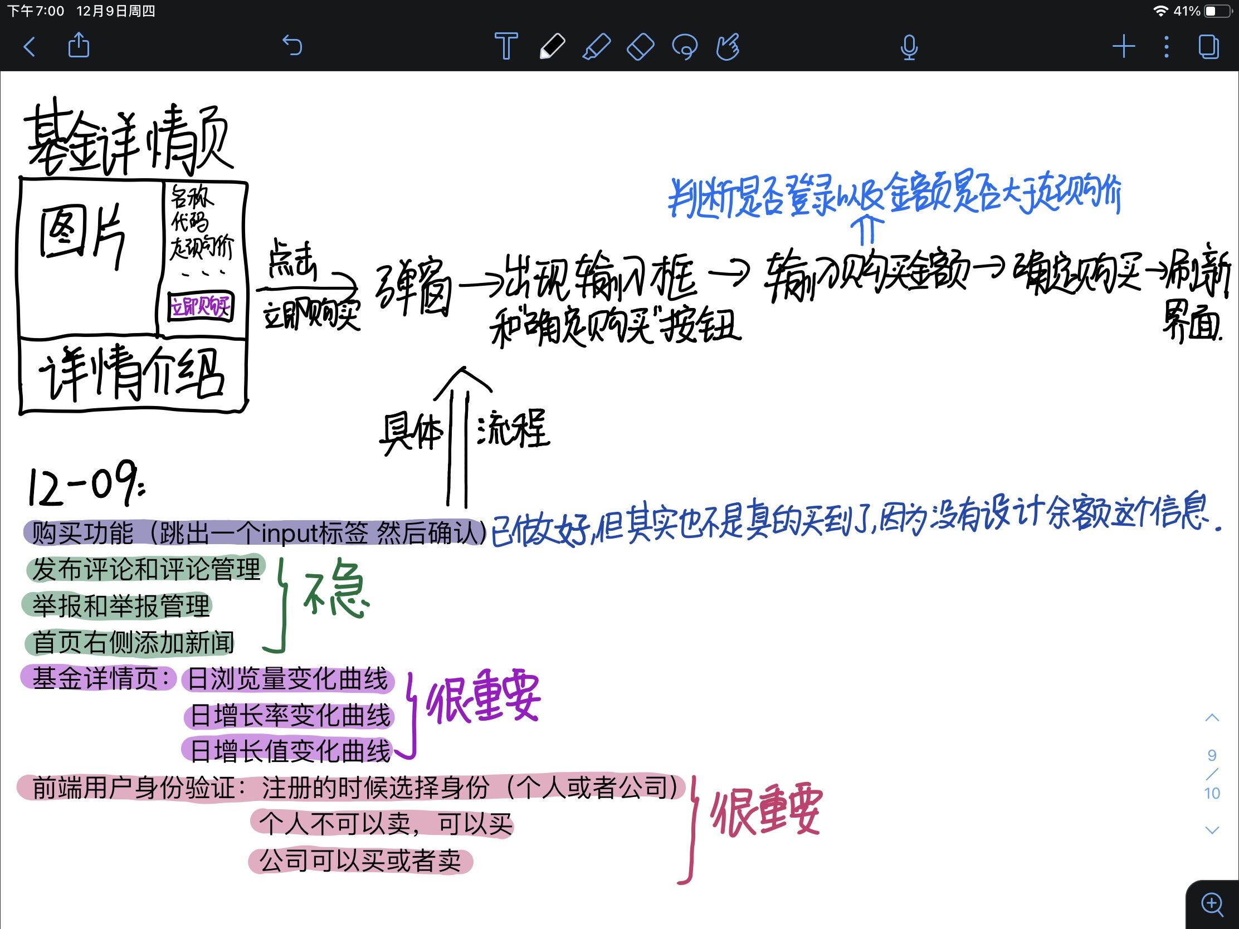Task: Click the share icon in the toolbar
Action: (x=79, y=45)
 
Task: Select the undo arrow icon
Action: (x=292, y=45)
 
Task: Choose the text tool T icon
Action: (x=506, y=46)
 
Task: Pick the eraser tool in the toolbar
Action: (x=640, y=46)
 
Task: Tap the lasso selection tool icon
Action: (x=685, y=47)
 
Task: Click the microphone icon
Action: (x=909, y=47)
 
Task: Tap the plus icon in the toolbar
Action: (x=1124, y=46)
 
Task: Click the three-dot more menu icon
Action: (x=1166, y=46)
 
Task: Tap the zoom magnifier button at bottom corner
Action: (x=1212, y=904)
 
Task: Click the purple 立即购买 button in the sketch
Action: (x=201, y=306)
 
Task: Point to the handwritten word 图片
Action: (x=82, y=234)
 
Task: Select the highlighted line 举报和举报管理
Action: (x=120, y=606)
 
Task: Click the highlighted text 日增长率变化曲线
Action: (x=290, y=716)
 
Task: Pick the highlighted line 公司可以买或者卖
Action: (x=360, y=860)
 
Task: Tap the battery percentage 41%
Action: (x=1186, y=11)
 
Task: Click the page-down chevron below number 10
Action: (x=1212, y=830)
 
